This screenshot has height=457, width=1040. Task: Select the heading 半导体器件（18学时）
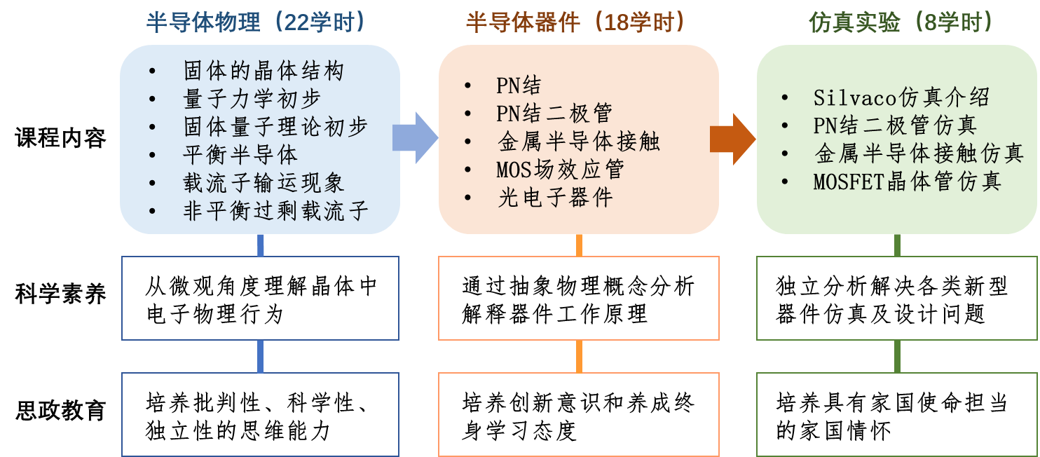576,22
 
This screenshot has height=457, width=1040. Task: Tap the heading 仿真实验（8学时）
901,22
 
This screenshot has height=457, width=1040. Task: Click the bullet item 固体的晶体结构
264,71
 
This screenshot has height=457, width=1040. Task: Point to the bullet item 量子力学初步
252,99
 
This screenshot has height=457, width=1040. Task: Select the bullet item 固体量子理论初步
275,127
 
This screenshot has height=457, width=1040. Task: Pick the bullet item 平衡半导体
240,155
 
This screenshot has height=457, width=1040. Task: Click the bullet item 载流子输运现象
264,183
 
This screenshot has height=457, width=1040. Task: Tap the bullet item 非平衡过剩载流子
275,211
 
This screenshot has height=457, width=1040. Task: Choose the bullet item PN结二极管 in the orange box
554,113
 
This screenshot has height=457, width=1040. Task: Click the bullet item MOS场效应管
560,169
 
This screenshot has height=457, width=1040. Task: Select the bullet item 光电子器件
554,197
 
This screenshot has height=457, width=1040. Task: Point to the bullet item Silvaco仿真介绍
901,97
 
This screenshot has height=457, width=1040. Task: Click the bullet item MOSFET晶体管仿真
907,182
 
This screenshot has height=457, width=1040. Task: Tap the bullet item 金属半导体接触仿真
919,154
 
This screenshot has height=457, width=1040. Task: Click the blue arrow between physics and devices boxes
415,137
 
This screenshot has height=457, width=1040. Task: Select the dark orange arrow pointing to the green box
732,139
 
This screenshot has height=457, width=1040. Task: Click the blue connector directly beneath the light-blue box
261,245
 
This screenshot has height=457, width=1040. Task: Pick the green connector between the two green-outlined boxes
897,356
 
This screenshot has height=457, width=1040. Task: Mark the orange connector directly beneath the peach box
579,245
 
